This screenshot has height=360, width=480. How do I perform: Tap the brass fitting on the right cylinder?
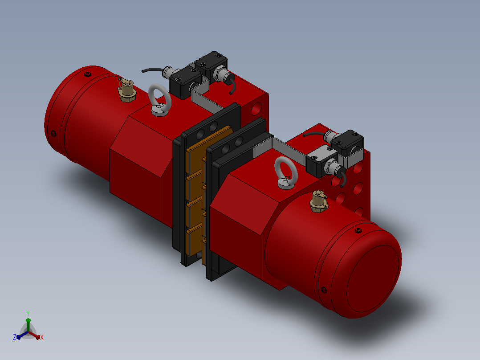click(x=319, y=201)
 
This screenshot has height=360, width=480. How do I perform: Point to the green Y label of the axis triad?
click(x=28, y=313)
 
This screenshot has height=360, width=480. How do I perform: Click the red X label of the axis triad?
click(x=42, y=337)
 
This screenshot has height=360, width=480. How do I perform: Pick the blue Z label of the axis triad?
click(x=14, y=337)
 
